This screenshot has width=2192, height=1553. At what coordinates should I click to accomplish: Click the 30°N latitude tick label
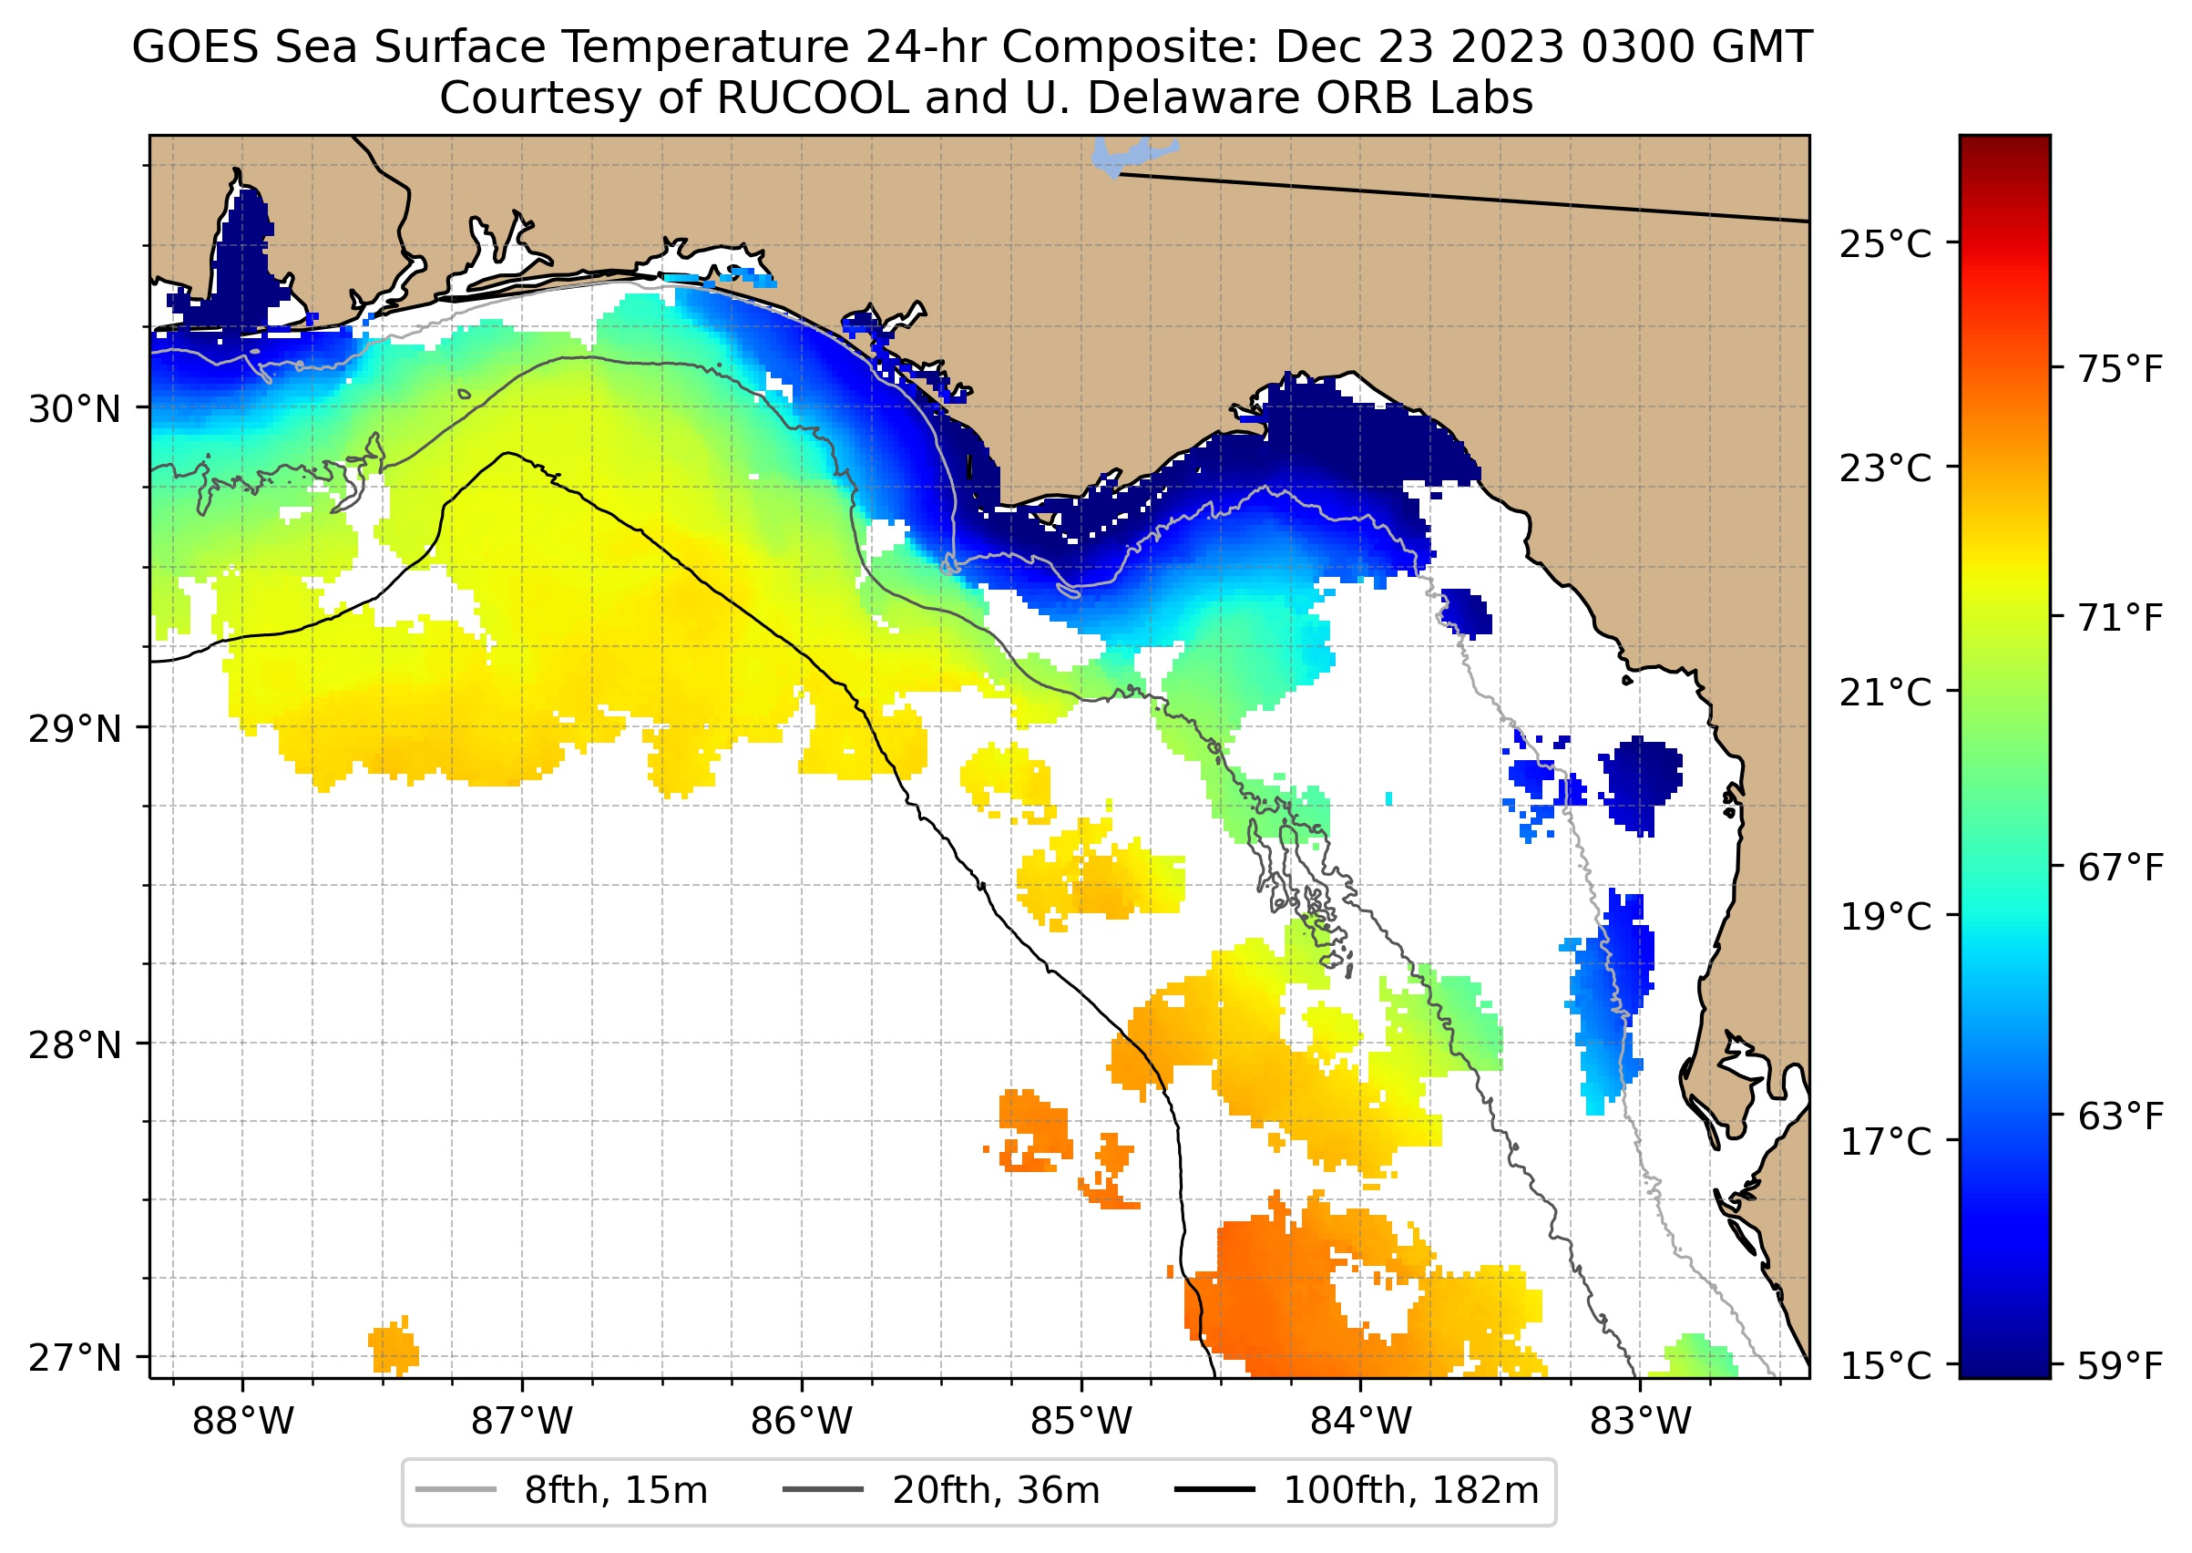point(75,409)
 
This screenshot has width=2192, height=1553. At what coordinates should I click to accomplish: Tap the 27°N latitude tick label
point(75,1358)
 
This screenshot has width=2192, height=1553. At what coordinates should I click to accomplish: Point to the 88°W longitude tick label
point(243,1422)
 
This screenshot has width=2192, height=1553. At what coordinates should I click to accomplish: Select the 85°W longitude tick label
point(1081,1422)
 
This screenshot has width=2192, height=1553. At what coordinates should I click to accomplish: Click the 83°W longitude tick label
point(1641,1422)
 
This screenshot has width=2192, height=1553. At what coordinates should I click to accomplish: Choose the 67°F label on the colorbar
point(2120,868)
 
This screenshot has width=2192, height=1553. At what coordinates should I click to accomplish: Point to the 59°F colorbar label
point(2120,1365)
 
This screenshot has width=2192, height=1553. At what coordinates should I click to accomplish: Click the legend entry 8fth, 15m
point(615,1491)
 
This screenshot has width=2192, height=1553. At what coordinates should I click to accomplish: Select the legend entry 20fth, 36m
point(995,1491)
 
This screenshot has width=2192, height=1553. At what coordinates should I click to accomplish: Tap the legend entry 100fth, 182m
point(1410,1491)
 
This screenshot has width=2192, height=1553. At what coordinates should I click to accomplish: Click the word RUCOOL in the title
point(813,98)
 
